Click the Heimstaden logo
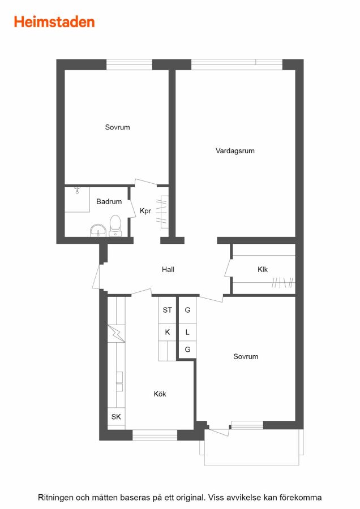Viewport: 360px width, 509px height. coord(54,22)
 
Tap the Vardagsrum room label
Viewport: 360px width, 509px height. coord(235,150)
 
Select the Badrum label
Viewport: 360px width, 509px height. coord(109,201)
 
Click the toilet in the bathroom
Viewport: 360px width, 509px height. coord(115,225)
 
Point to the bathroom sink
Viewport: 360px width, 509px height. coord(98,231)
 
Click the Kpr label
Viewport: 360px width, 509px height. coord(145,211)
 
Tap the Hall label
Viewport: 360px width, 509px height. coord(168,269)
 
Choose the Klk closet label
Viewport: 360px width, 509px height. coord(263,269)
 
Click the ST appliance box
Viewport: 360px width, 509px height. coord(168,310)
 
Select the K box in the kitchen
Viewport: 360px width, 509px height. coord(168,332)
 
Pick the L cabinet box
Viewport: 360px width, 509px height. coord(187,332)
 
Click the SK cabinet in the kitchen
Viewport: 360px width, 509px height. coord(116,417)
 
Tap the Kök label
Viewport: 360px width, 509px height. coord(160,394)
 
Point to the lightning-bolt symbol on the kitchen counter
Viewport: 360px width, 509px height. coord(116,333)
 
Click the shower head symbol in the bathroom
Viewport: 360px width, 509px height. coord(77,190)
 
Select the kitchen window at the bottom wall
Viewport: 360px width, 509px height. coord(155,435)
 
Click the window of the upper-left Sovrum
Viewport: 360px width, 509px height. coord(129,64)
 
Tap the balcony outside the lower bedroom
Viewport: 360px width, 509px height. coord(251,447)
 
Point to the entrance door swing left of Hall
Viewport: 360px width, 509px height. coord(96,277)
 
